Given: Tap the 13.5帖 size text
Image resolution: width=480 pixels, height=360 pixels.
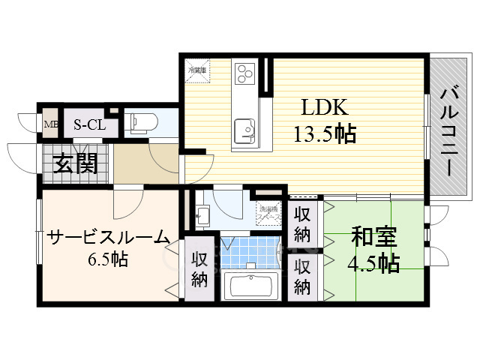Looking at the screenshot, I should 324,134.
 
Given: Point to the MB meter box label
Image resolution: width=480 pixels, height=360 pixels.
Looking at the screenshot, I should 51,124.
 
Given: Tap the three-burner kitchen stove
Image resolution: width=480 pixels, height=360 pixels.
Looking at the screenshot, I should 244,73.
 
